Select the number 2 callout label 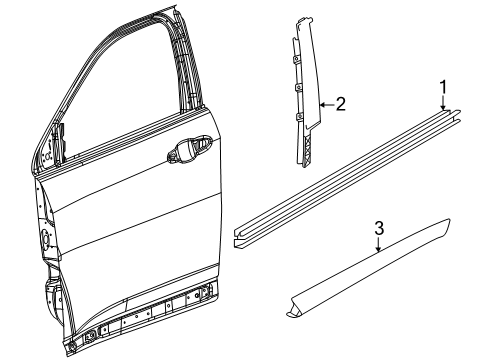[341, 103]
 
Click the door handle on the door [186, 153]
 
